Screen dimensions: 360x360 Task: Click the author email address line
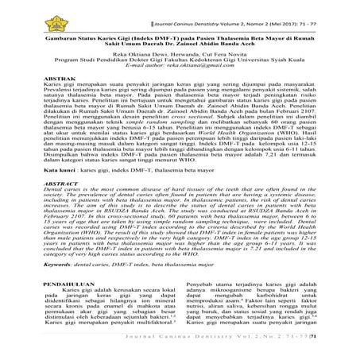(x=180, y=70)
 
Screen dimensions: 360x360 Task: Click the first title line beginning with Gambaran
(x=180, y=37)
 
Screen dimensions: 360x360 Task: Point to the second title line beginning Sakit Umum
(x=180, y=44)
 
